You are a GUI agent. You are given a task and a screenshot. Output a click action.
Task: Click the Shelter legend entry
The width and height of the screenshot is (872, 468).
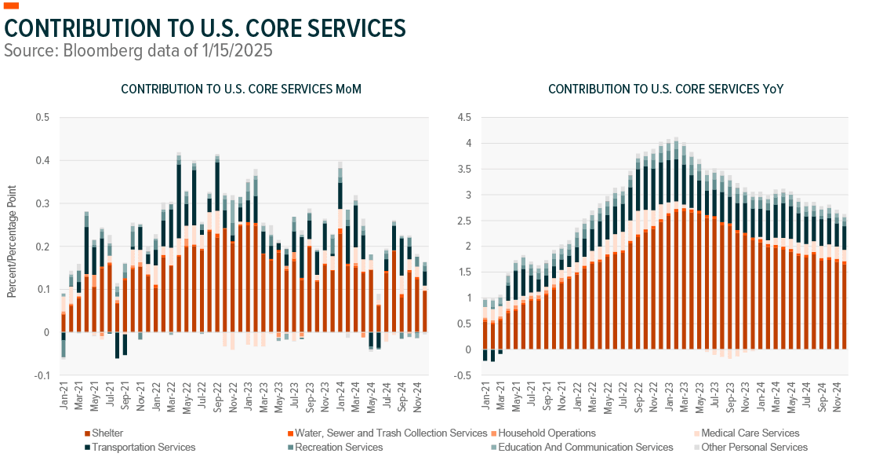tap(107, 433)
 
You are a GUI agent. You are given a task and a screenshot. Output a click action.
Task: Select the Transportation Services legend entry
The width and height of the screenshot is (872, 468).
tap(144, 448)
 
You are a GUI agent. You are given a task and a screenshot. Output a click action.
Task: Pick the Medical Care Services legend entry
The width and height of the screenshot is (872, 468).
tap(750, 433)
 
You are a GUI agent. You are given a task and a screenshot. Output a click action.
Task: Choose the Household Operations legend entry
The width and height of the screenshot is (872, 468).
tap(547, 433)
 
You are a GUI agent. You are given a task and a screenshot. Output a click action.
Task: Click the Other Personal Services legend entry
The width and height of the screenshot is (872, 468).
tap(758, 448)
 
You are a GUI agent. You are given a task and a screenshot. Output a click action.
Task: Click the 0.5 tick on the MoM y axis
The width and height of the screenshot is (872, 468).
tap(42, 118)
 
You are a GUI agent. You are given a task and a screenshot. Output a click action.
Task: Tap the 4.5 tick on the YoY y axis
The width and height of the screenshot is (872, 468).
tap(465, 118)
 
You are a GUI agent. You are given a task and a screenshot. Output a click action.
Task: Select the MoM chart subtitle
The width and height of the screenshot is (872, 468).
tap(241, 90)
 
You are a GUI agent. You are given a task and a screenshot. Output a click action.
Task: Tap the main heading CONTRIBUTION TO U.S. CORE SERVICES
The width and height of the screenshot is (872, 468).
tap(205, 28)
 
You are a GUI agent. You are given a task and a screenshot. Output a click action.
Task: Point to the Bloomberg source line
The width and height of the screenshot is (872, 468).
tap(138, 49)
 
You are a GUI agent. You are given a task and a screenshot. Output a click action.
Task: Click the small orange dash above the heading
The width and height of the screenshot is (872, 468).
tap(11, 5)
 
